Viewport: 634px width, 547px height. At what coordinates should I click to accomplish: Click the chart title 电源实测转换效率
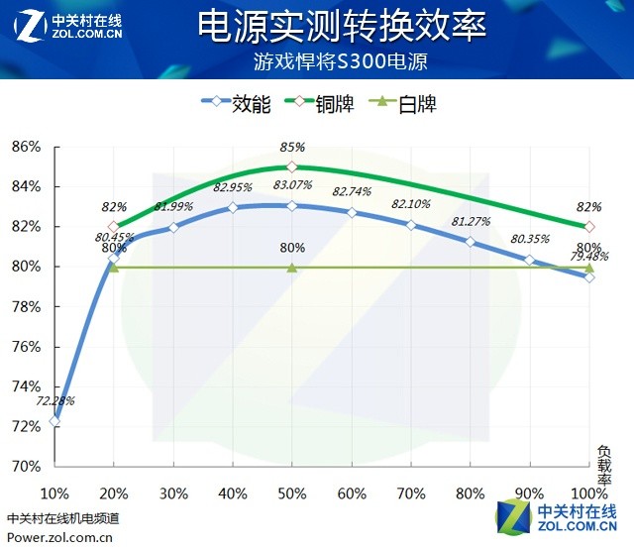342,27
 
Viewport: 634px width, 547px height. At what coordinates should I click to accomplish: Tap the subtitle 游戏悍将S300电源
342,61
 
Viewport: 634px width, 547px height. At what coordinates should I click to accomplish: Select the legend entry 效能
236,103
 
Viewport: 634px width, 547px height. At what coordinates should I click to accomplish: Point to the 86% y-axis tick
26,147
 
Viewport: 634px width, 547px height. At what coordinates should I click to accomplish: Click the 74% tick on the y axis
26,386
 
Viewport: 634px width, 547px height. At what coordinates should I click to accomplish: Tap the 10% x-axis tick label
54,492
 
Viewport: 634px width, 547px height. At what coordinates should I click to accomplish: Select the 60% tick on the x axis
352,492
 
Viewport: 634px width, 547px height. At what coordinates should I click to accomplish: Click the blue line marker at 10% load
54,421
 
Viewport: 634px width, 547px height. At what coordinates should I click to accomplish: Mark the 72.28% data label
55,401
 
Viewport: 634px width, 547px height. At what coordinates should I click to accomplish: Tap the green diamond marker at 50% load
292,166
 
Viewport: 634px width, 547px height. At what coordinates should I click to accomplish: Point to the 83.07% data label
293,185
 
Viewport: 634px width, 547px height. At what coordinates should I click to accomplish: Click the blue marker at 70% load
411,225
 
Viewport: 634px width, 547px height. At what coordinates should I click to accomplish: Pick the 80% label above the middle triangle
292,248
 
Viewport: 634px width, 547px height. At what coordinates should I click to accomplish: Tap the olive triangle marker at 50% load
292,268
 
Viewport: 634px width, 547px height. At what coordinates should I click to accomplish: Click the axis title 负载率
605,463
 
